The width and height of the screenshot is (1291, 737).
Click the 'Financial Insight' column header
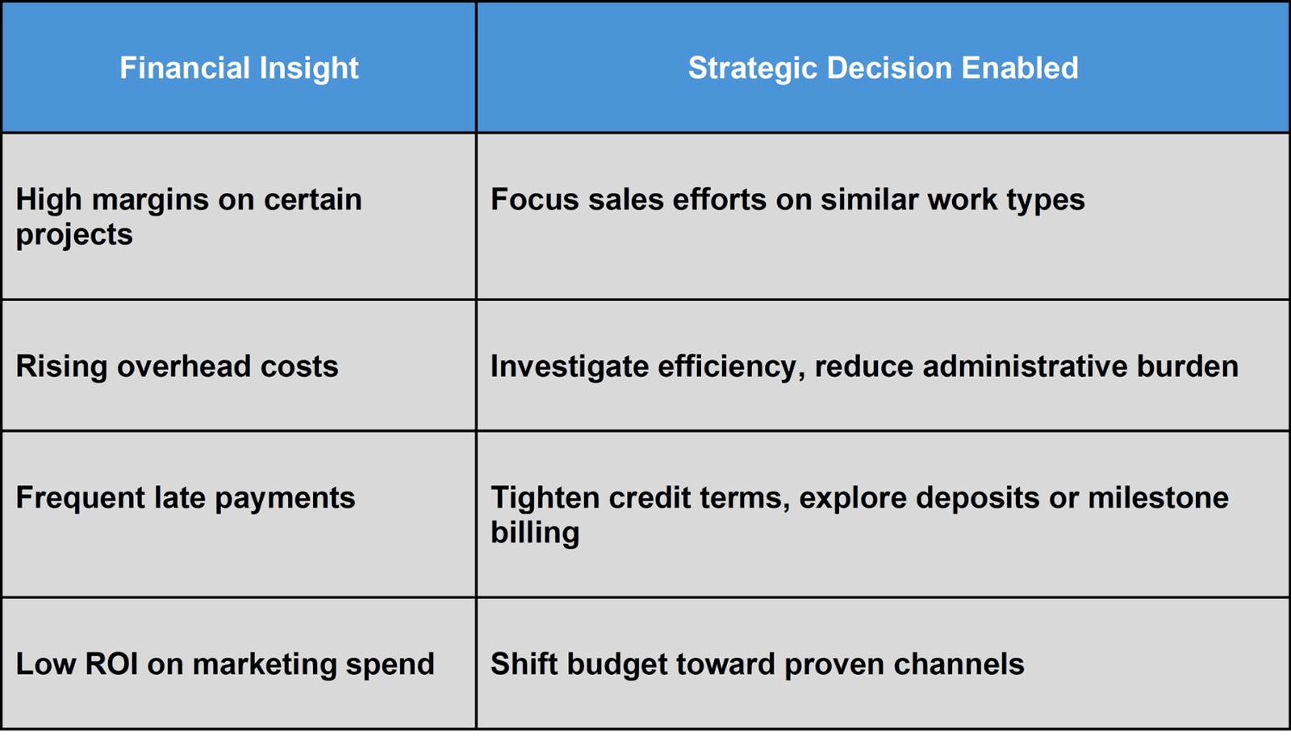tap(239, 68)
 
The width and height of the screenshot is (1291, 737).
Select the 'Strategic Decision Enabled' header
tap(883, 68)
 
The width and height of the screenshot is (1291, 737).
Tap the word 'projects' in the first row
tap(74, 235)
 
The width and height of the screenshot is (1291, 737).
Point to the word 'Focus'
tap(534, 199)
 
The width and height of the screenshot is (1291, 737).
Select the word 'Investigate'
tap(570, 366)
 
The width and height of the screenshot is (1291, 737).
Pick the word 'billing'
tap(535, 532)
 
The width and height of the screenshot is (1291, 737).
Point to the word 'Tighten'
tap(545, 498)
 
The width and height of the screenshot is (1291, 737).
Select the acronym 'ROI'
tap(111, 664)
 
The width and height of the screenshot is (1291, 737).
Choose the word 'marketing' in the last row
tap(264, 664)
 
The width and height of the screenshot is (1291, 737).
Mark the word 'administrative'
tap(1025, 366)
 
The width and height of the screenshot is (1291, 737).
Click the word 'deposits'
tap(977, 498)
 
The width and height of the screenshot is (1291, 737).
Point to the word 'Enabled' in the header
tap(1020, 68)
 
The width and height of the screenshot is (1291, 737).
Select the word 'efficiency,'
tap(731, 366)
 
